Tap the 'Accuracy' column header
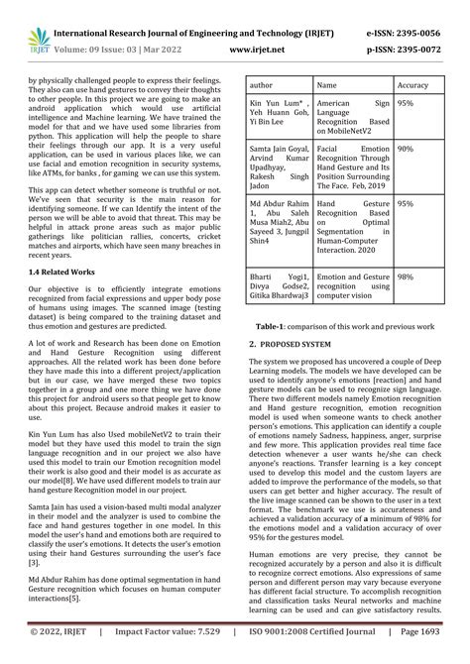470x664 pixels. (x=412, y=85)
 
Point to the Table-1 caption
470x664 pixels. (x=344, y=324)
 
